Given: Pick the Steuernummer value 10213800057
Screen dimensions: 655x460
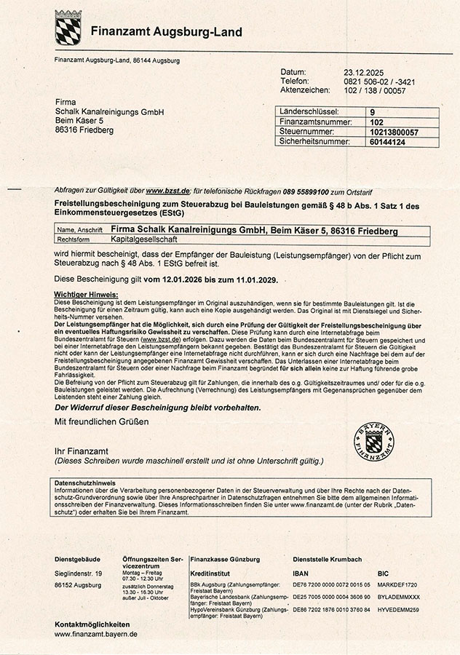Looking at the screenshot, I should point(394,132).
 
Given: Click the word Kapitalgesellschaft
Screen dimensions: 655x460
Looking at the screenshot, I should point(150,239).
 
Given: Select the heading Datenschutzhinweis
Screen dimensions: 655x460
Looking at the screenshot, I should point(85,483).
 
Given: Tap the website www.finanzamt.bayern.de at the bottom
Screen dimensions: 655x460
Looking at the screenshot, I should point(96,635).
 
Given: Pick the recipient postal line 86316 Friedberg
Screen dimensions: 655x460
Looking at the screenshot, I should point(84,130).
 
